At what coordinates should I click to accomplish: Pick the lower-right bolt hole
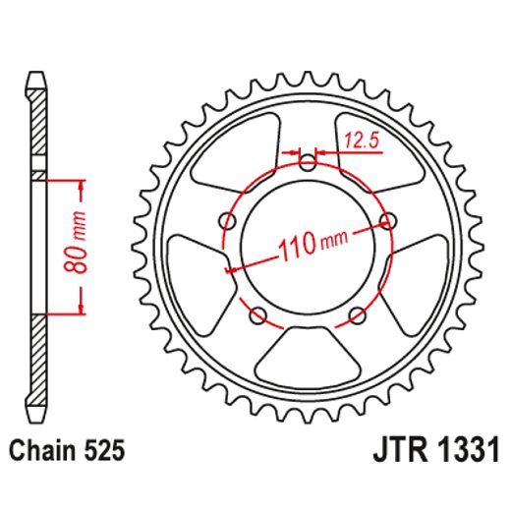(356, 315)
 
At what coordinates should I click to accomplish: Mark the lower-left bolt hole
(257, 314)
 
